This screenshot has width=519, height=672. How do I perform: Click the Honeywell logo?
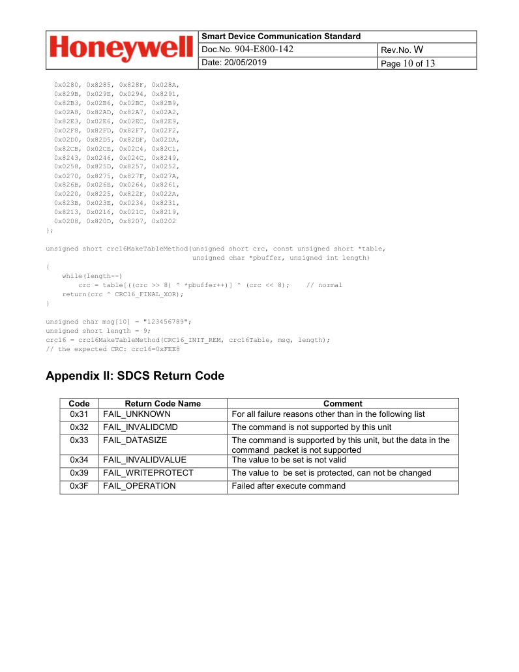[x=121, y=50]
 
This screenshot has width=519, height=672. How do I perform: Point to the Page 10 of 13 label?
[x=408, y=63]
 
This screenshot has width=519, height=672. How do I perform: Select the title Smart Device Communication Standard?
[x=281, y=37]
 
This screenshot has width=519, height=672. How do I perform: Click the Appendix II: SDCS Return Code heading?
[x=135, y=376]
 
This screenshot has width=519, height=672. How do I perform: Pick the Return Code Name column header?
[x=162, y=404]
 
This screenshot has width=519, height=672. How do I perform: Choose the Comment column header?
[x=342, y=404]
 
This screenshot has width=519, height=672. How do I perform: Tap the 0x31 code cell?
[x=79, y=414]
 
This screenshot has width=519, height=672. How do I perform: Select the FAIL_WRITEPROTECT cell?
[x=148, y=473]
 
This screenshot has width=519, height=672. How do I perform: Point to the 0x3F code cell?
[x=79, y=486]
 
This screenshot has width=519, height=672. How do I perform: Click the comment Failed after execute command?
[x=288, y=486]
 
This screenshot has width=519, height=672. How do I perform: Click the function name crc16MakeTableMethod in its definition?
[x=148, y=249]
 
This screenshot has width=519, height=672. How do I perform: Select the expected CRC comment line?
[x=112, y=349]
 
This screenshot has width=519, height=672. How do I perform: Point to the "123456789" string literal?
[x=169, y=322]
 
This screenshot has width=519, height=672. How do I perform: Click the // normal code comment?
[x=324, y=285]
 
